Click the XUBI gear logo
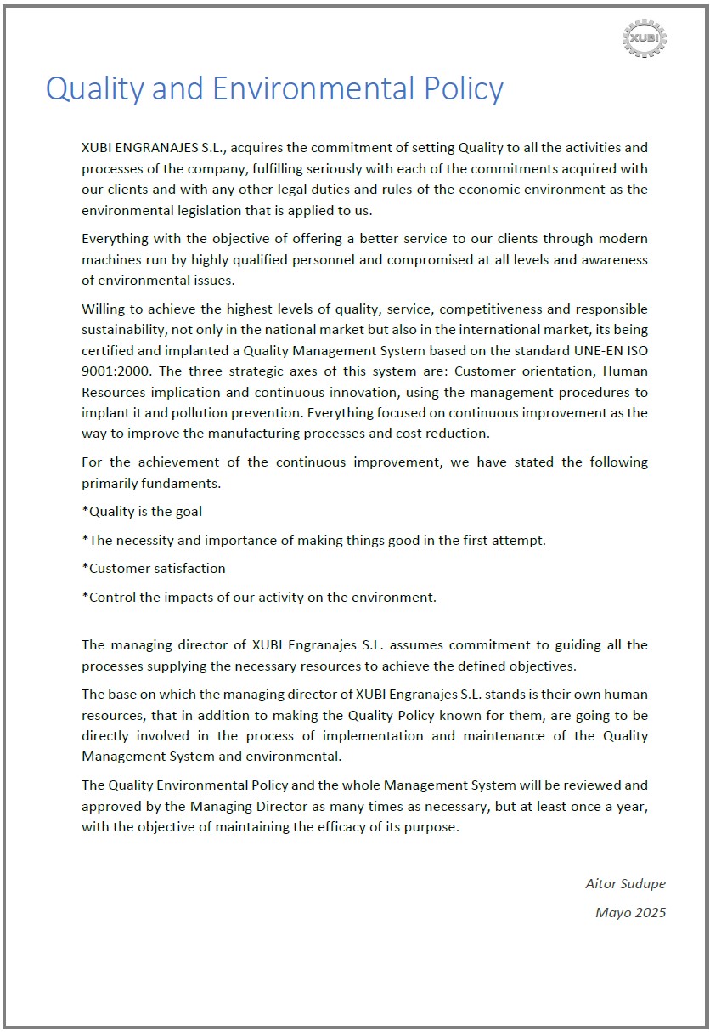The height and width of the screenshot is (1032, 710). click(645, 39)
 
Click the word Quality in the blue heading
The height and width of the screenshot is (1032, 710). click(93, 89)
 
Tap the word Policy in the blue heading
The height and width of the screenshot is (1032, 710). click(465, 89)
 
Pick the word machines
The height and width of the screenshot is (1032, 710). click(110, 258)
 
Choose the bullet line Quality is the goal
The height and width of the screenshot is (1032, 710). click(142, 512)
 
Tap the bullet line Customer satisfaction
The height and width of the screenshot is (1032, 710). click(154, 568)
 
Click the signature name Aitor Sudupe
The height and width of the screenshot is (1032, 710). click(625, 884)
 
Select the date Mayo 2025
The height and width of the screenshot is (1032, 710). click(630, 912)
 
